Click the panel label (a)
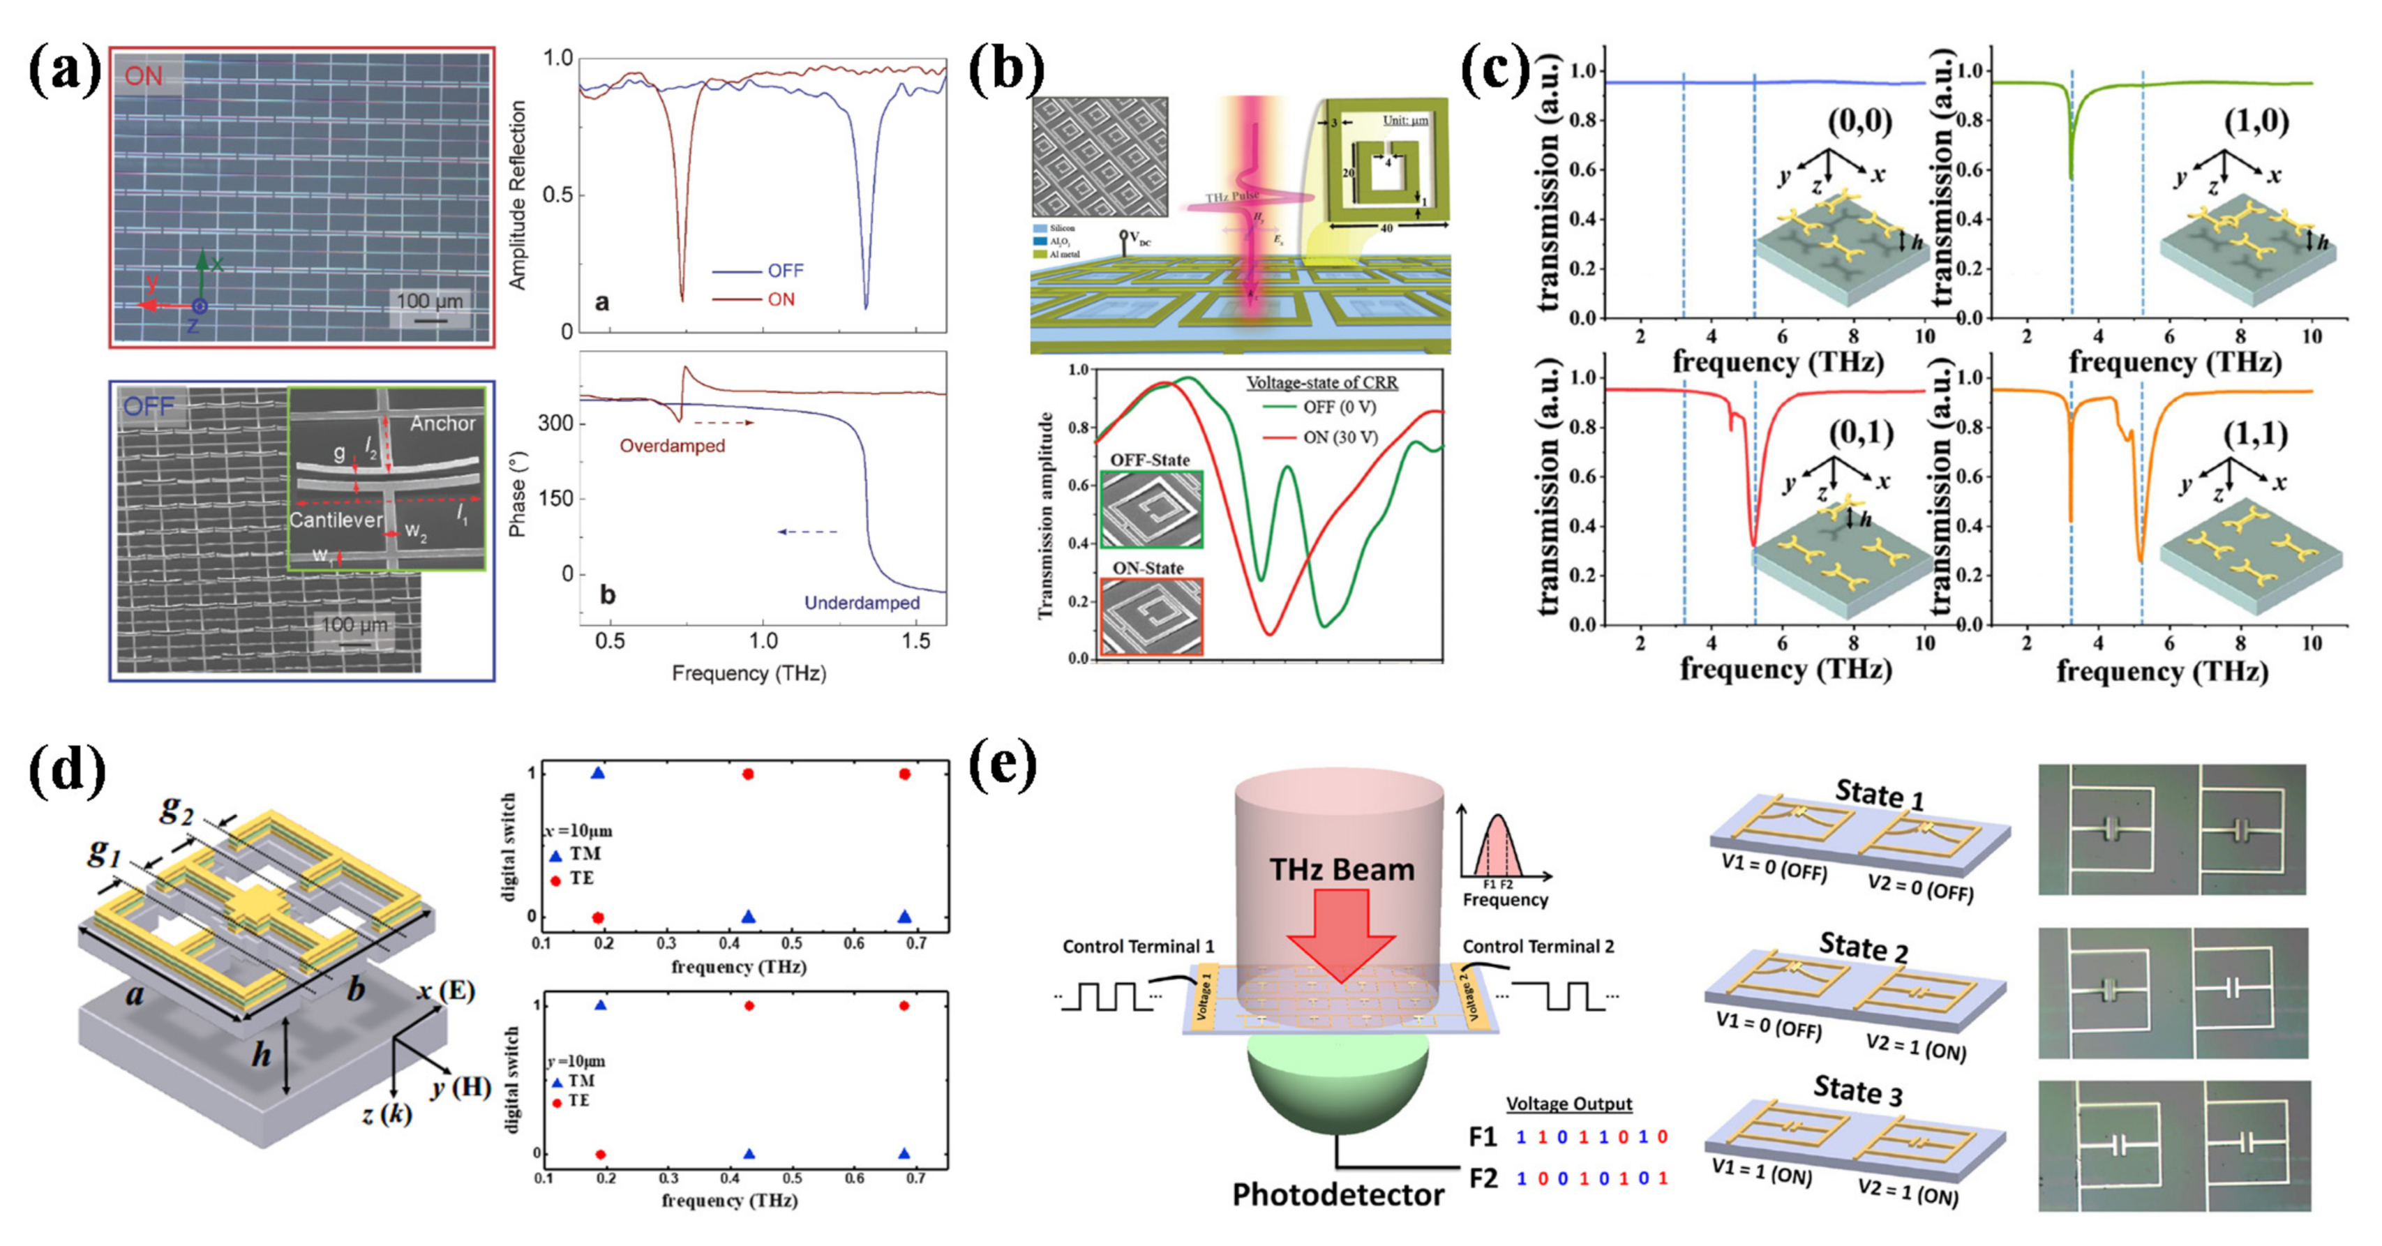[65, 72]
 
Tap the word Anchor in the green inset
[442, 423]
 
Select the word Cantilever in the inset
[335, 520]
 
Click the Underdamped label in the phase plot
[861, 603]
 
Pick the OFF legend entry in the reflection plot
[784, 271]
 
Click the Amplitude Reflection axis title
[518, 194]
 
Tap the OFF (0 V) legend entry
[1339, 407]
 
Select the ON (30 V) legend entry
[1340, 437]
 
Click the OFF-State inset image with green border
[1151, 509]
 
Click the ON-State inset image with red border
[1151, 617]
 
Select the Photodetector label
[1337, 1194]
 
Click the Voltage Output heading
[1568, 1104]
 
